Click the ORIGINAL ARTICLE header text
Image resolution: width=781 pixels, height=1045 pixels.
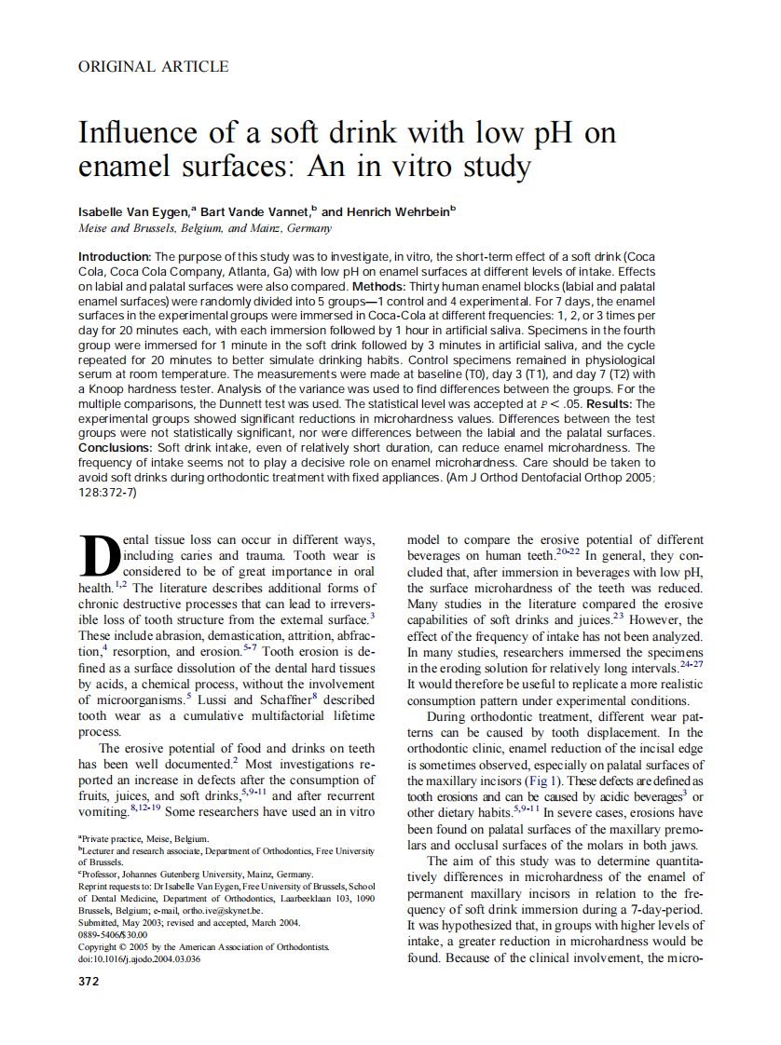point(153,66)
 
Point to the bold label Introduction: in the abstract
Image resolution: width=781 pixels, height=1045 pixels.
point(114,256)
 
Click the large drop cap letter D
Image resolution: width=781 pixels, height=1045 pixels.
point(97,558)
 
